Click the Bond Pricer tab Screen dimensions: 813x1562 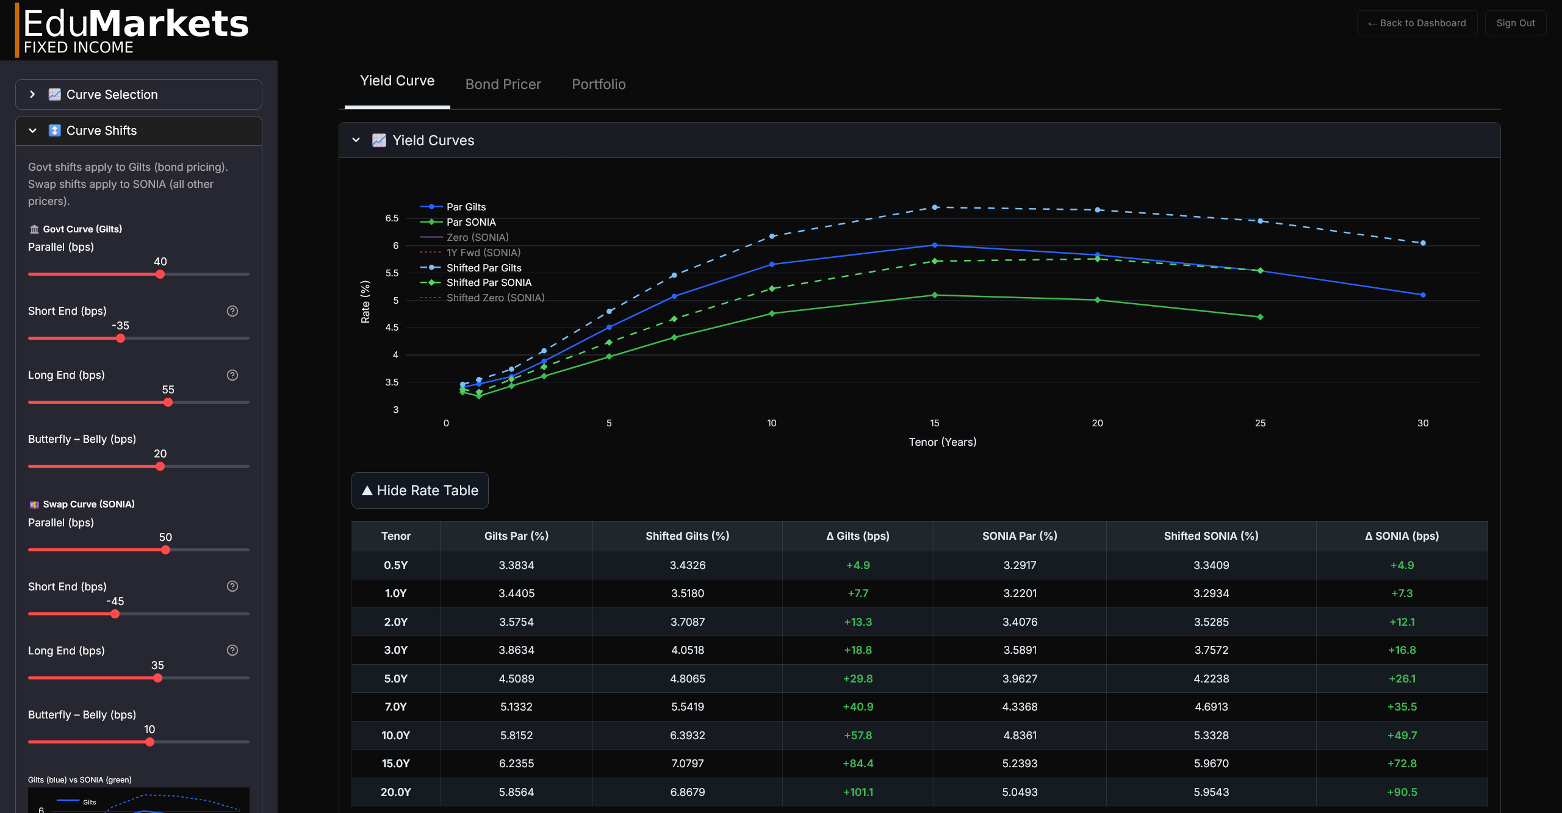click(x=503, y=84)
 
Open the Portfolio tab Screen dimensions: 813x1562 click(x=598, y=84)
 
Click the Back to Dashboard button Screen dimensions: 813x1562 click(x=1416, y=23)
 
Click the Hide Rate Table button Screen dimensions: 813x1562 click(x=420, y=490)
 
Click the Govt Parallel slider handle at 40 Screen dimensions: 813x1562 click(x=160, y=274)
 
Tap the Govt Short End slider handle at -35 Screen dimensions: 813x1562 click(x=120, y=338)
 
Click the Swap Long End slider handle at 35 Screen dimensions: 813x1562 click(x=157, y=678)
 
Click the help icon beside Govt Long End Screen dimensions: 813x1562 click(x=232, y=375)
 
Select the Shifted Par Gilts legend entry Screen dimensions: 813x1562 click(x=483, y=268)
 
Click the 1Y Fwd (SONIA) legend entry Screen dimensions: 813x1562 click(x=483, y=252)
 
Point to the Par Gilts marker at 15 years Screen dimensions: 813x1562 click(x=934, y=245)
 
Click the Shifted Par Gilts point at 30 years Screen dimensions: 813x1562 click(x=1422, y=243)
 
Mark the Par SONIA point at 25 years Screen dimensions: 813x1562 click(x=1260, y=317)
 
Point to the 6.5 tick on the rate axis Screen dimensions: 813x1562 click(x=392, y=218)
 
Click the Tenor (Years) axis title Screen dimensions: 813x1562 click(x=942, y=442)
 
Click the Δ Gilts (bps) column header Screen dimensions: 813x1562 click(x=857, y=536)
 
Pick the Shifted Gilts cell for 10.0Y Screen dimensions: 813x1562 click(x=687, y=736)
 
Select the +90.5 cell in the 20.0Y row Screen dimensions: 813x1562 click(x=1402, y=792)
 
